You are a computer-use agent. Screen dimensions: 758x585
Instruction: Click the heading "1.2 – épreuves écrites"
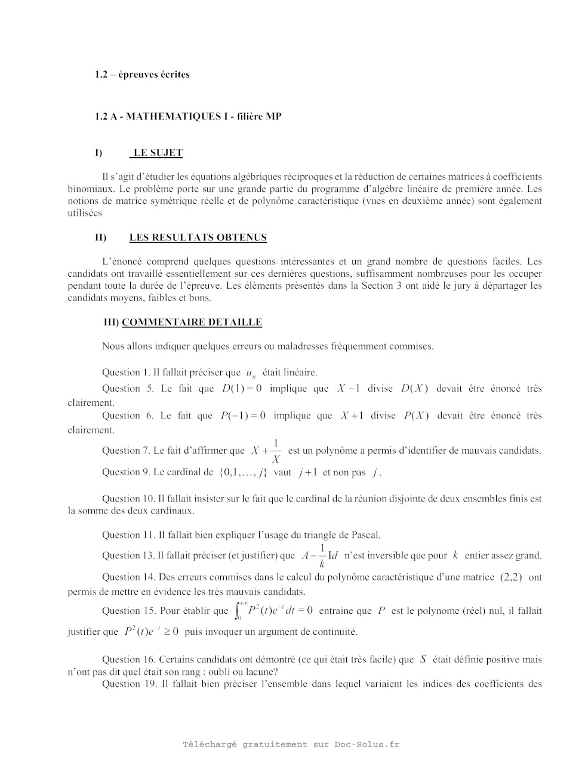[x=142, y=75]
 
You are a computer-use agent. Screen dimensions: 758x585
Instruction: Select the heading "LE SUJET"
[x=156, y=153]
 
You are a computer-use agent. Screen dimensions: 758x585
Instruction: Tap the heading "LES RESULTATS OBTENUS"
[x=198, y=237]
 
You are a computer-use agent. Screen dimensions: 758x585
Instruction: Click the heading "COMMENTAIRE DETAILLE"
[x=192, y=322]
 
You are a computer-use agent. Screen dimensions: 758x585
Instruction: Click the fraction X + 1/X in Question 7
[x=266, y=451]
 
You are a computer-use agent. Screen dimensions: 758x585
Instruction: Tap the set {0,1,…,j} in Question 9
[x=243, y=472]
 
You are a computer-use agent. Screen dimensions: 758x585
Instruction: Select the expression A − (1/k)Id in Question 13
[x=320, y=556]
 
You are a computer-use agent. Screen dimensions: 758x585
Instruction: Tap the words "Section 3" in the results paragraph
[x=381, y=286]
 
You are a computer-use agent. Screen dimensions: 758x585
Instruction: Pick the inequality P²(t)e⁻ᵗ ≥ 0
[x=151, y=632]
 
